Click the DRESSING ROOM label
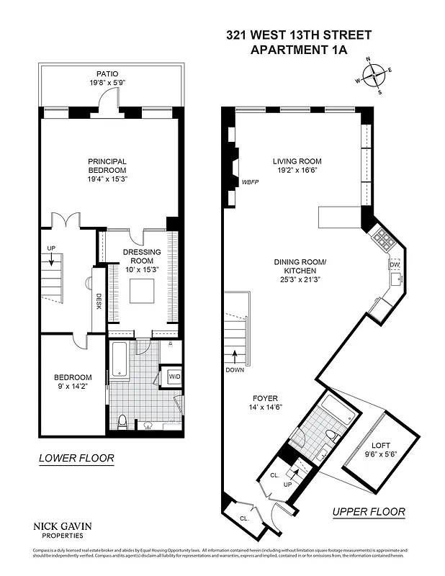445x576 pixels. pos(142,260)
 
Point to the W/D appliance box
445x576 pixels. pos(174,376)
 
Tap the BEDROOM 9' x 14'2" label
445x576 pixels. pos(73,382)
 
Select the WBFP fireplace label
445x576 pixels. pos(250,183)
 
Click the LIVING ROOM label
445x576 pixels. pos(297,166)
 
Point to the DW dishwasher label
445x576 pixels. pos(394,265)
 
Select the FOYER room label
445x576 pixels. pos(265,402)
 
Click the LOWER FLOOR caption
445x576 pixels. pos(76,458)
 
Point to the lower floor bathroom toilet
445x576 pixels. pos(123,420)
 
